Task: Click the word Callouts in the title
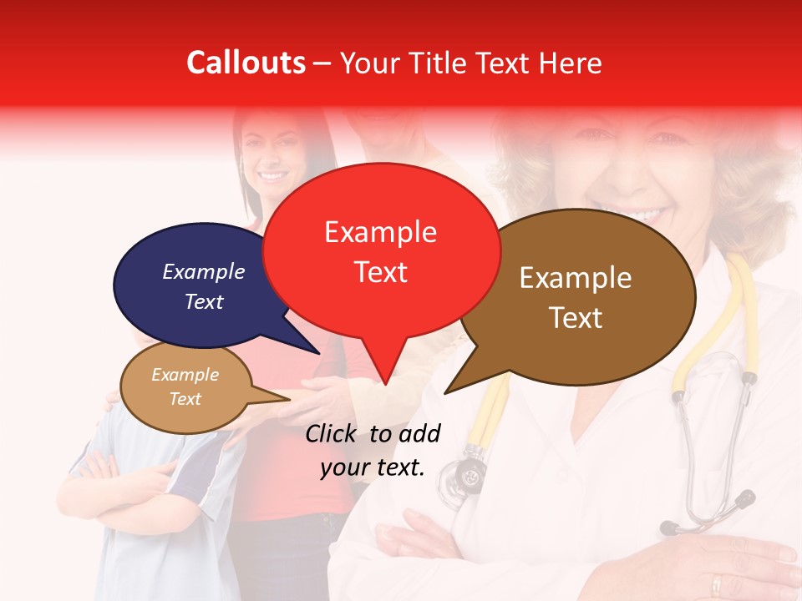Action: [246, 63]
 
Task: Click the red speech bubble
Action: [381, 250]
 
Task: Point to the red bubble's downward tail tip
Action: [385, 383]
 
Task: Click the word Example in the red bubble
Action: [380, 232]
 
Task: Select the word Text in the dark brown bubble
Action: [575, 318]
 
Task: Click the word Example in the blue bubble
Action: [203, 272]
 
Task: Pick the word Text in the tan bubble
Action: [185, 399]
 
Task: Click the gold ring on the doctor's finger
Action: [717, 583]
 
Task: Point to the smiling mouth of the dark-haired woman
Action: [272, 176]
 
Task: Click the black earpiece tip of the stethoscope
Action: [669, 528]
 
